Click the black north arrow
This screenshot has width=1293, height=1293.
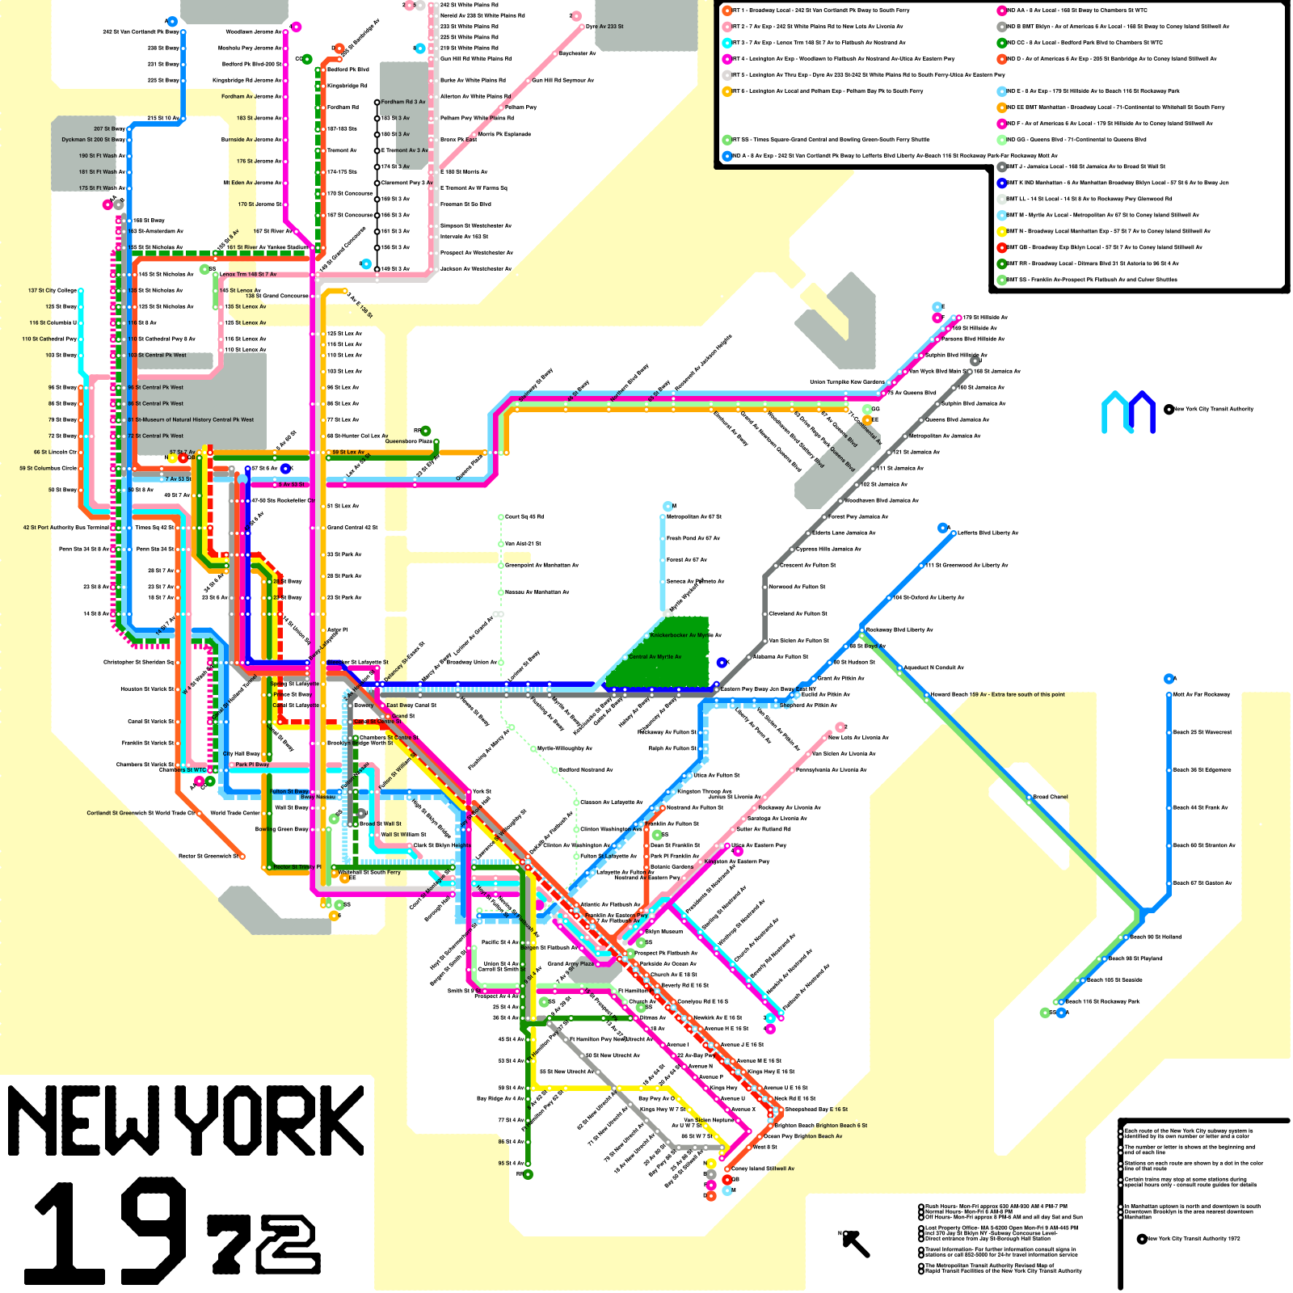click(x=856, y=1244)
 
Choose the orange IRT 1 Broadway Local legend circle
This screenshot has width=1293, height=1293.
click(x=727, y=11)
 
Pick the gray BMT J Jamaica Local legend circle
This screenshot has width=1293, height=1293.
click(x=1002, y=166)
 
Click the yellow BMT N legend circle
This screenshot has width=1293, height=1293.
click(x=1002, y=231)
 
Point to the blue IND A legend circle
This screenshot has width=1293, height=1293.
click(x=727, y=156)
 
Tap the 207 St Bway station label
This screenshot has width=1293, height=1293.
click(x=109, y=128)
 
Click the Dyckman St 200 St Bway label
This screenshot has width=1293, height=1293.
click(x=93, y=140)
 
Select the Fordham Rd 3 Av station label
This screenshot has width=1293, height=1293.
click(x=402, y=102)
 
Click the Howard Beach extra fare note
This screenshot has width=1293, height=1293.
click(x=997, y=694)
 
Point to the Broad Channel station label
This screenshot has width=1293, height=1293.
click(x=1050, y=797)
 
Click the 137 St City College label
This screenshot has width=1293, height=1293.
click(x=53, y=290)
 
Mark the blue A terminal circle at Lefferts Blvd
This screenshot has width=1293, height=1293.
click(x=942, y=528)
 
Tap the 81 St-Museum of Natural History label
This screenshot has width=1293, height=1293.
click(x=191, y=419)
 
